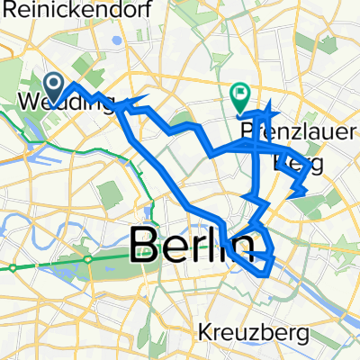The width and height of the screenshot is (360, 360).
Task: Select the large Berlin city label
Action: coord(189,244)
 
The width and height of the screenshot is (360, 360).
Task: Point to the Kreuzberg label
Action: coord(256,333)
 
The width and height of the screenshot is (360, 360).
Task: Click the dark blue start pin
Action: coord(53,87)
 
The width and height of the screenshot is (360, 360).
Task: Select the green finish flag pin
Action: coord(241,94)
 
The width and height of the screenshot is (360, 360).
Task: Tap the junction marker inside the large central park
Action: coord(89,258)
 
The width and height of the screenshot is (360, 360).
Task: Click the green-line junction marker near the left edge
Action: coord(13,267)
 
